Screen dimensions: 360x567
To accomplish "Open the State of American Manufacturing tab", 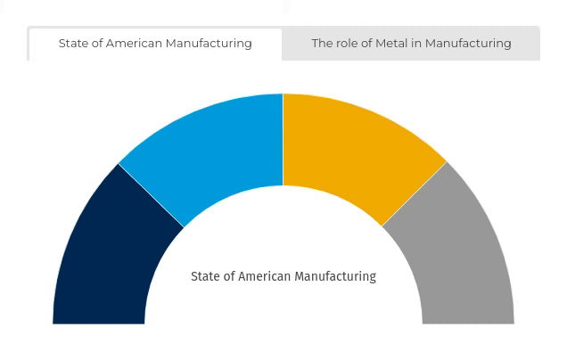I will point(155,44).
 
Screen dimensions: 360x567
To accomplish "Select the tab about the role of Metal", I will point(411,44).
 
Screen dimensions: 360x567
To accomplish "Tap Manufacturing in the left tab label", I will point(210,44).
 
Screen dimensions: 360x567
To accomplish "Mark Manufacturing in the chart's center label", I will point(335,277).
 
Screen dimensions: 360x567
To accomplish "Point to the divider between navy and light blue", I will point(152,196).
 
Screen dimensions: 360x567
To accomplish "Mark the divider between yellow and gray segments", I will point(415,195).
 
